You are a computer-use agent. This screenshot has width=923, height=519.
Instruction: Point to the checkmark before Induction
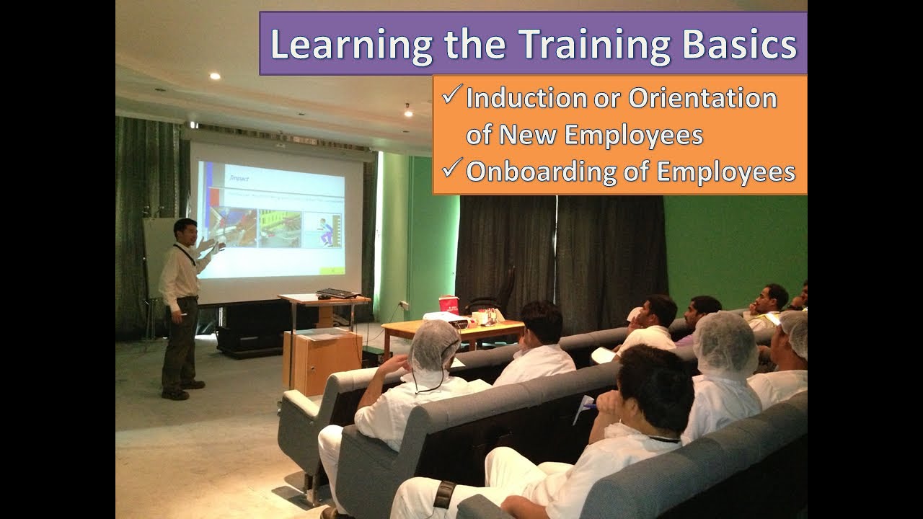(x=452, y=94)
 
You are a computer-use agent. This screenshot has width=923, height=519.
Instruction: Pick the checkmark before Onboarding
(x=452, y=169)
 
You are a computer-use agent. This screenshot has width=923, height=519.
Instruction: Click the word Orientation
(x=702, y=98)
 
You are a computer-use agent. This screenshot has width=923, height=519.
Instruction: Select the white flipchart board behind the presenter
(x=154, y=252)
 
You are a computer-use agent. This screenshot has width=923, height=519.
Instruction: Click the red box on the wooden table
(x=449, y=305)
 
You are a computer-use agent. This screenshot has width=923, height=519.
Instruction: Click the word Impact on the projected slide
(x=238, y=176)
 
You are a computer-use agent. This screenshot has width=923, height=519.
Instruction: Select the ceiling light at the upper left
(x=215, y=76)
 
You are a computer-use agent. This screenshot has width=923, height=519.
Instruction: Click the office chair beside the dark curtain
(x=498, y=292)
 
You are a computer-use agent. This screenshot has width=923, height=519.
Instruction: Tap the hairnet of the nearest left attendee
(x=433, y=345)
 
